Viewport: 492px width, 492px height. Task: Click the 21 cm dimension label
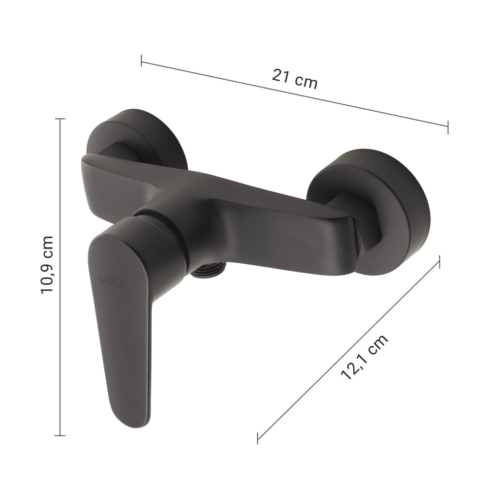coord(295,79)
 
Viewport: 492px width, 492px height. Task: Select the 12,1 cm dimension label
coord(364,357)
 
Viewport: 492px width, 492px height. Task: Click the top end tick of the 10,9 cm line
coord(60,119)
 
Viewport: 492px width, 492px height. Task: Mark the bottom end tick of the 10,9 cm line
coord(60,435)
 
